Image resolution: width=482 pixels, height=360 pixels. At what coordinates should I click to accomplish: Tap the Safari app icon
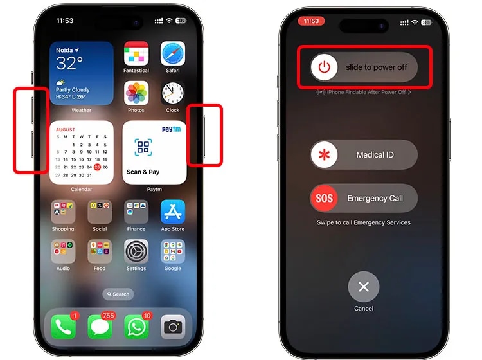172,54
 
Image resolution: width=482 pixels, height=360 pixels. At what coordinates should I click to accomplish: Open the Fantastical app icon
136,54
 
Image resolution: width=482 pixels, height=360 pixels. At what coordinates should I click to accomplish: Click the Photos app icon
136,94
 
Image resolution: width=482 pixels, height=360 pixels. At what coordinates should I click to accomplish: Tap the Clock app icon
172,94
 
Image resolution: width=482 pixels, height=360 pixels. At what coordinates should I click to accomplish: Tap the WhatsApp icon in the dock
136,327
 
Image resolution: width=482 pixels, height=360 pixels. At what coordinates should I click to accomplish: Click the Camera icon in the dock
172,327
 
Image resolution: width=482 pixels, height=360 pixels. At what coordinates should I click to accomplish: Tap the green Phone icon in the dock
63,327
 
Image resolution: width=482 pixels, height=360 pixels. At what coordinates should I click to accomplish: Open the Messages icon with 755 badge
100,327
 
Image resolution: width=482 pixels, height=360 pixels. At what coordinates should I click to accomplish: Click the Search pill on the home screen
118,294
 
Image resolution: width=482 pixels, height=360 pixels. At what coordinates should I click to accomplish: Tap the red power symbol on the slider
324,67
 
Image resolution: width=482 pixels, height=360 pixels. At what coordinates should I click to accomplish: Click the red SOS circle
324,198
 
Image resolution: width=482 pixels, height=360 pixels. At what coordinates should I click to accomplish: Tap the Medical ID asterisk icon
324,155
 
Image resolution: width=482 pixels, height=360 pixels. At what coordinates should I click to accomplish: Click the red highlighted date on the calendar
96,167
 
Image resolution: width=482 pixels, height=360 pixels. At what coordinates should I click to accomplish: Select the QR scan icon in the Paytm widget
143,147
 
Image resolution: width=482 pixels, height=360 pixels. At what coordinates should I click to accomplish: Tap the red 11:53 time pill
311,21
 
